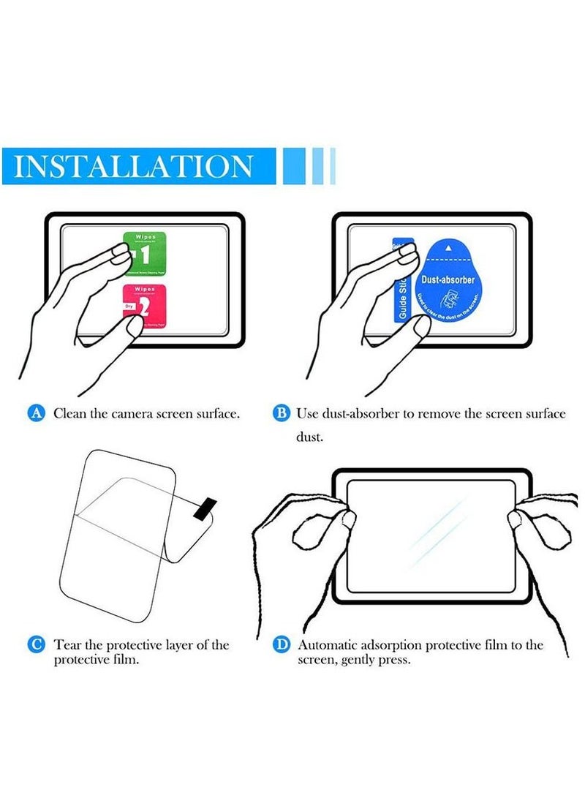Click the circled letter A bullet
pos(37,413)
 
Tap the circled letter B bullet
pos(281,413)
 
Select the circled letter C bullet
pos(37,645)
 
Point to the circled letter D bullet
pos(281,645)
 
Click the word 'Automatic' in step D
pos(328,645)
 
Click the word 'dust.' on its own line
pos(310,438)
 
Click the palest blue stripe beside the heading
pos(333,166)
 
